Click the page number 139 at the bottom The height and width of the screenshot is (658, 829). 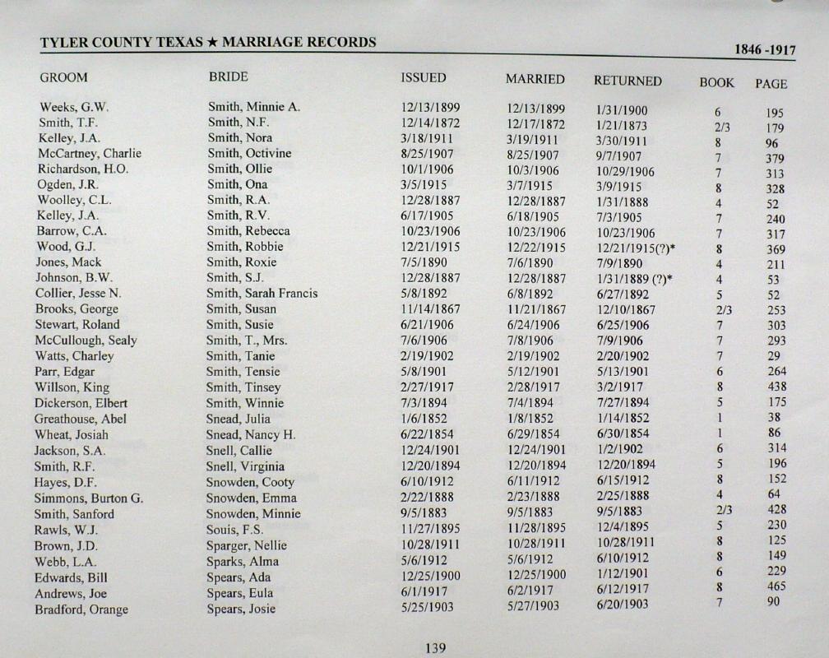tap(435, 648)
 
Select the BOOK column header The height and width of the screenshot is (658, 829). tap(716, 82)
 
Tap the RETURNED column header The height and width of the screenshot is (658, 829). tap(628, 81)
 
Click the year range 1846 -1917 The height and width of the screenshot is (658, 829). tap(765, 50)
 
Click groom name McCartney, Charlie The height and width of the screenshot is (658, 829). tap(90, 153)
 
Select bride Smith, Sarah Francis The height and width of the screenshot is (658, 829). tap(262, 294)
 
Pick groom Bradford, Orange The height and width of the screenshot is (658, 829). tap(81, 609)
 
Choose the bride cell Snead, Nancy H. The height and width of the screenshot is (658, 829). tap(251, 434)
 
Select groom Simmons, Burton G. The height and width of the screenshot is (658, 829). tap(89, 498)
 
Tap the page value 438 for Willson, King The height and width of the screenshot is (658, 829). tap(776, 387)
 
